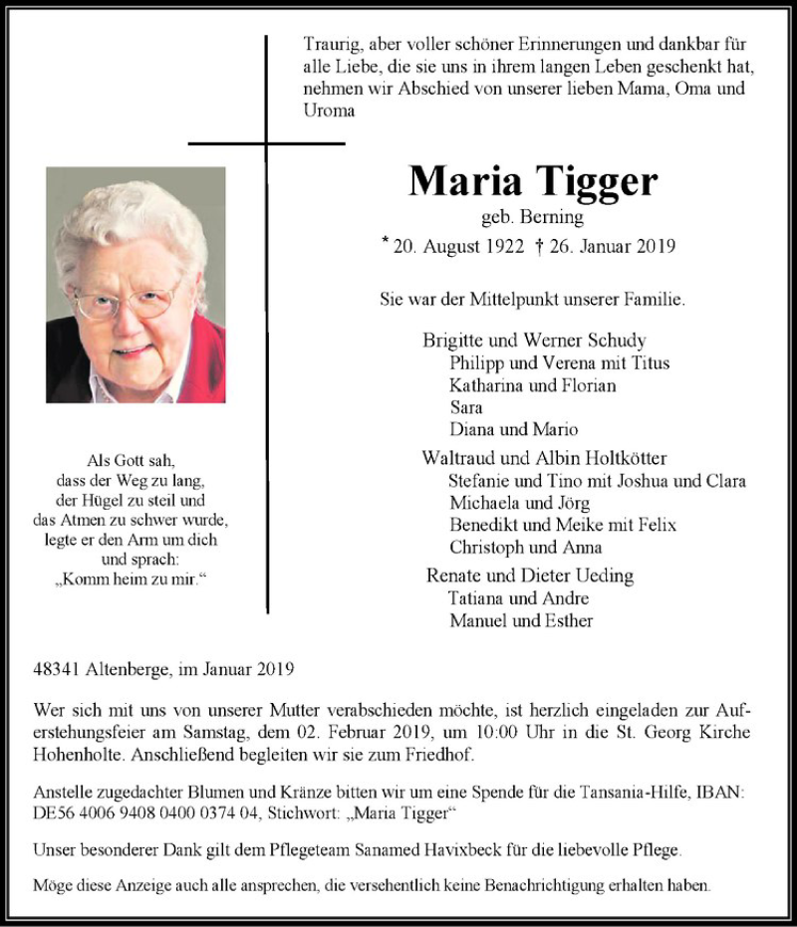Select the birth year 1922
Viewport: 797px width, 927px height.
pos(500,247)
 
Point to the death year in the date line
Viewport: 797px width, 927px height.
pos(655,247)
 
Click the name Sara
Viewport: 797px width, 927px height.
pos(465,407)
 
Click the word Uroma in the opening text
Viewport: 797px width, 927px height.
pos(329,111)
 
